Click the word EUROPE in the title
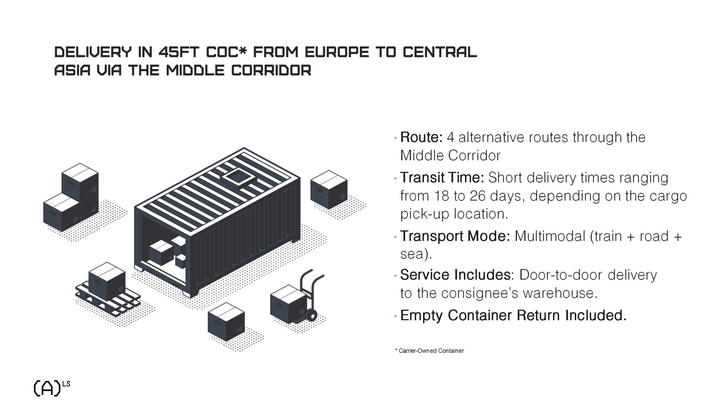pyautogui.click(x=337, y=52)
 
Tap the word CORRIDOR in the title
pyautogui.click(x=271, y=70)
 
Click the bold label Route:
pyautogui.click(x=421, y=137)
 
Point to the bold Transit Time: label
pyautogui.click(x=442, y=177)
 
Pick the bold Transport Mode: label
pyautogui.click(x=455, y=236)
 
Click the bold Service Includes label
pyautogui.click(x=455, y=275)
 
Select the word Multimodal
pyautogui.click(x=550, y=236)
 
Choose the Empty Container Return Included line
pyautogui.click(x=513, y=315)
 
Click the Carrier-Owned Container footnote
pyautogui.click(x=429, y=351)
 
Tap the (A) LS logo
pyautogui.click(x=52, y=388)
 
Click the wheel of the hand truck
pyautogui.click(x=311, y=315)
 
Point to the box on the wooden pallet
pyautogui.click(x=107, y=281)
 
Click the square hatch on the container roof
pyautogui.click(x=239, y=177)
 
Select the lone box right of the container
pyautogui.click(x=329, y=189)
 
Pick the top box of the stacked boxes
pyautogui.click(x=80, y=181)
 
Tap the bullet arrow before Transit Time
pyautogui.click(x=396, y=178)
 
